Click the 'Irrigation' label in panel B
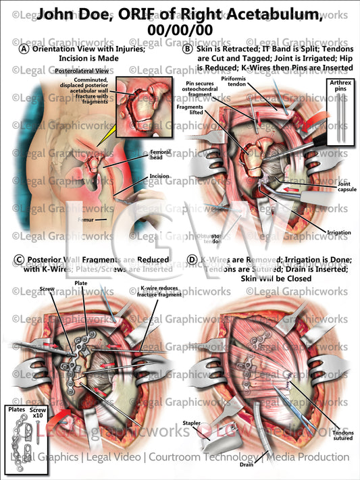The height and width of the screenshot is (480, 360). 339,233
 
